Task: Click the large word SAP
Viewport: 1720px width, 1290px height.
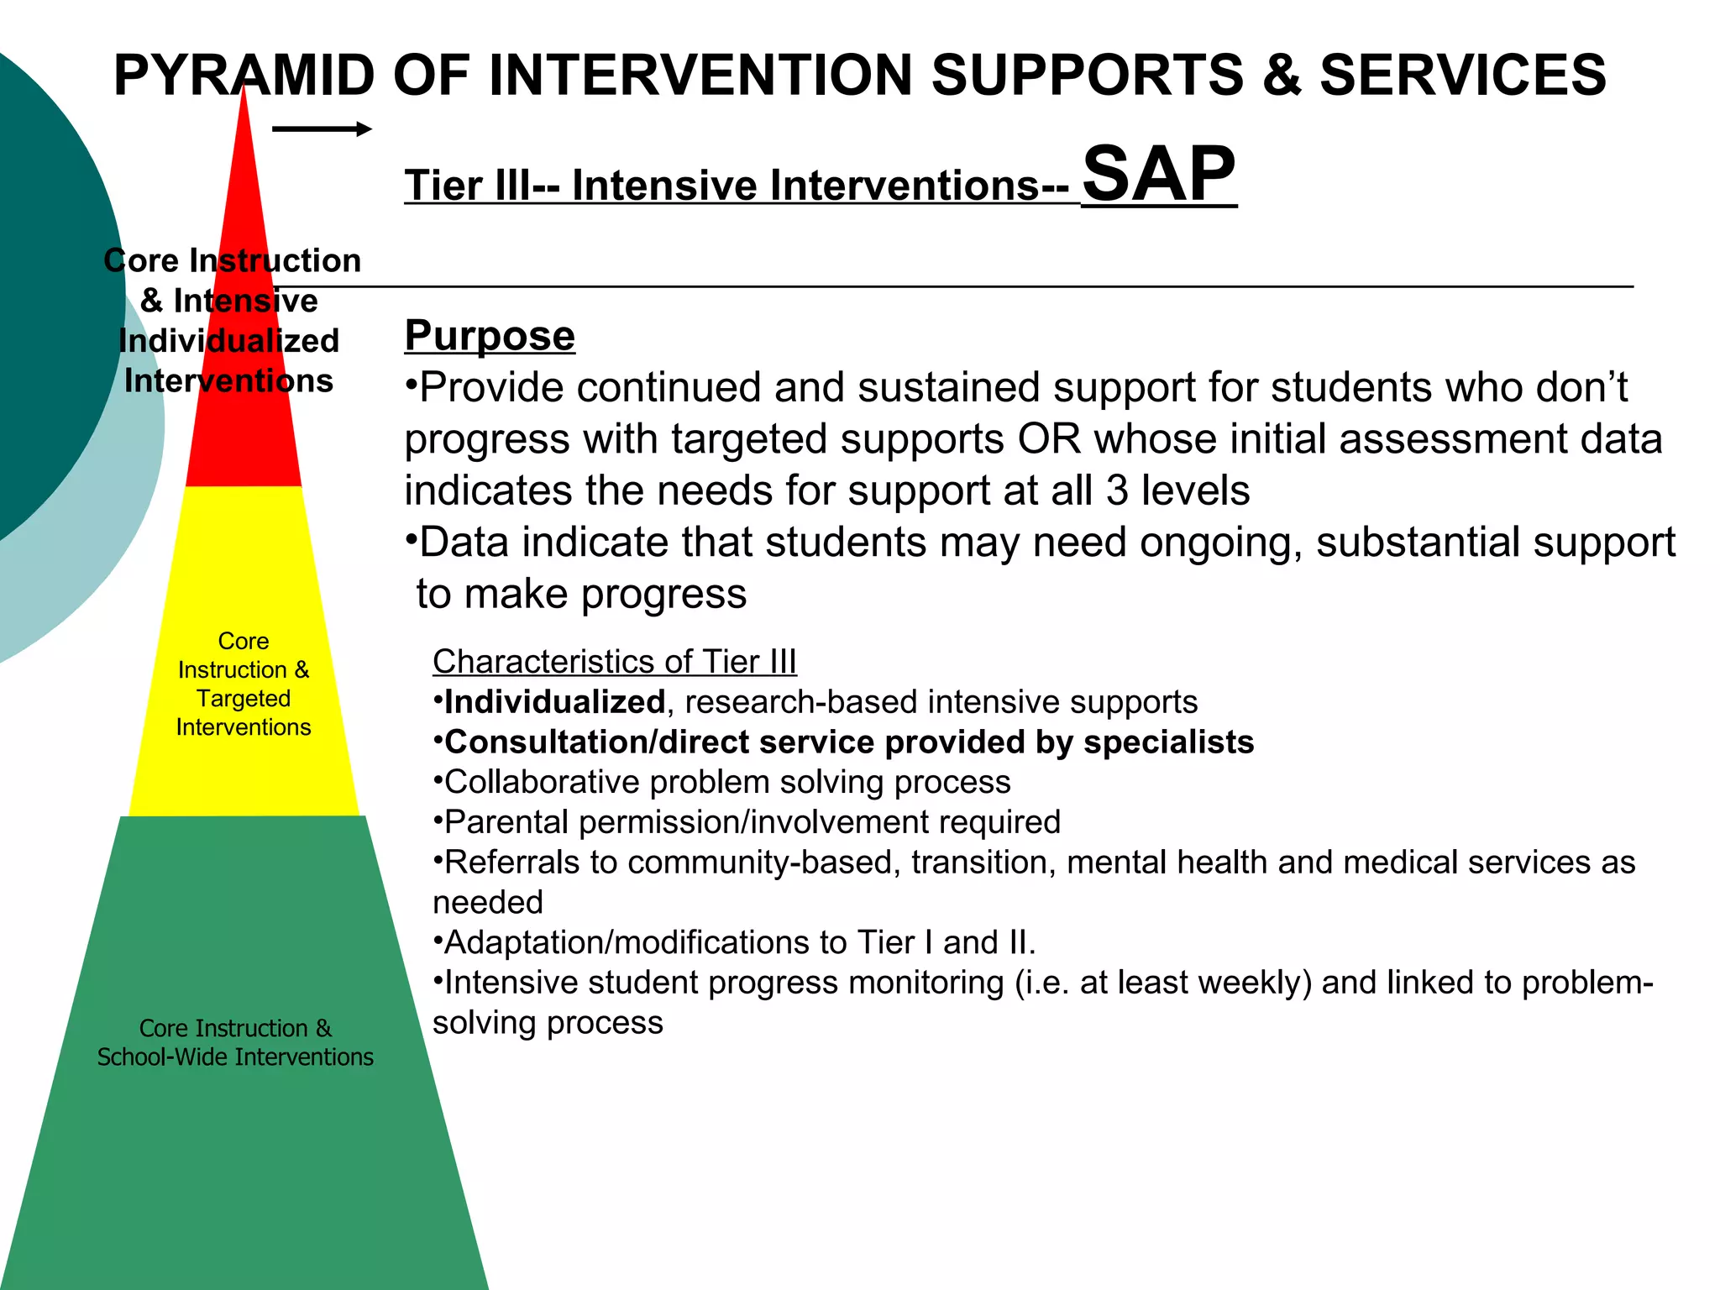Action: (x=1158, y=174)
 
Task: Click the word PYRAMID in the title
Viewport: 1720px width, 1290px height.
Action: (x=244, y=76)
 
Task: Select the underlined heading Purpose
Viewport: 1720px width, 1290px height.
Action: (x=490, y=336)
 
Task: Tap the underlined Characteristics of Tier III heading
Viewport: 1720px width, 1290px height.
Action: (x=614, y=662)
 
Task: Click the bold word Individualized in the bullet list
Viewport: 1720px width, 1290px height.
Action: (x=554, y=702)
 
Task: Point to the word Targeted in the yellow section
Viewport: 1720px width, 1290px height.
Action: (x=244, y=699)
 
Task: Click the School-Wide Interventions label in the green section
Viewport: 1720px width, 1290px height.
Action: (x=235, y=1057)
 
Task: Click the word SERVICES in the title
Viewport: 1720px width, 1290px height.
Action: (x=1462, y=76)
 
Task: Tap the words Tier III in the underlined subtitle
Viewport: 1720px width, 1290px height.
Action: (x=467, y=186)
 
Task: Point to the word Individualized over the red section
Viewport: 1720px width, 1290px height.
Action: (x=228, y=341)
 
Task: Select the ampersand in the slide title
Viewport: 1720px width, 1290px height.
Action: (x=1281, y=76)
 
